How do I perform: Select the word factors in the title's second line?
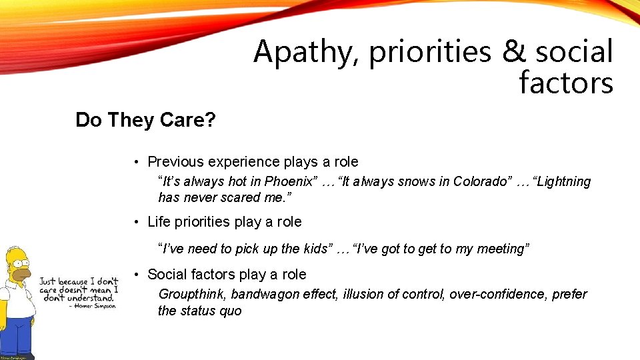[x=565, y=83]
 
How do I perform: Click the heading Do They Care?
[x=145, y=120]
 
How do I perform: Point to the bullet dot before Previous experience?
[x=135, y=163]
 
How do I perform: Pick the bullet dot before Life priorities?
[x=135, y=223]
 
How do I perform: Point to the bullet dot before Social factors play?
[x=135, y=275]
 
